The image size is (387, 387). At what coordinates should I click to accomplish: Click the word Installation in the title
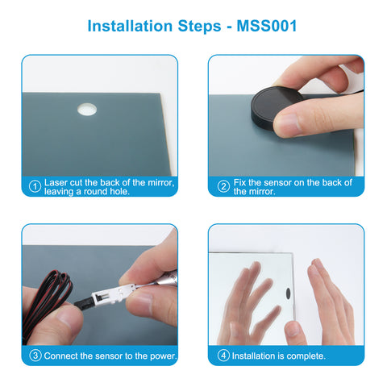[130, 26]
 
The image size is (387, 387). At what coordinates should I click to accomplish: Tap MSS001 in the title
[267, 26]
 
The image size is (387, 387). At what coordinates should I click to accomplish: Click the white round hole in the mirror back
[87, 110]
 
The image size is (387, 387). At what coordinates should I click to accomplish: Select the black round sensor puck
[274, 107]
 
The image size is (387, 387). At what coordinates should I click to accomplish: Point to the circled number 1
[35, 186]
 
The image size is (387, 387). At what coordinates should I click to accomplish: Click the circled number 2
[223, 186]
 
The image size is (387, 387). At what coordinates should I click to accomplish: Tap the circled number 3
[35, 356]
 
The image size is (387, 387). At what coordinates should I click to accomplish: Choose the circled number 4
[223, 356]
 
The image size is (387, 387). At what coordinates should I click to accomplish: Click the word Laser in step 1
[56, 182]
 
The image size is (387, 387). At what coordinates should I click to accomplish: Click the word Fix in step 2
[239, 182]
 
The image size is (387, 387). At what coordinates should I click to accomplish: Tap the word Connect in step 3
[60, 356]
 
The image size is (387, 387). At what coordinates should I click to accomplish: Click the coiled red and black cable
[46, 298]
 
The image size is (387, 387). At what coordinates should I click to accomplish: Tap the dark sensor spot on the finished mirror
[289, 293]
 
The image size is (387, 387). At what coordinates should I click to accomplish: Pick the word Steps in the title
[199, 26]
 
